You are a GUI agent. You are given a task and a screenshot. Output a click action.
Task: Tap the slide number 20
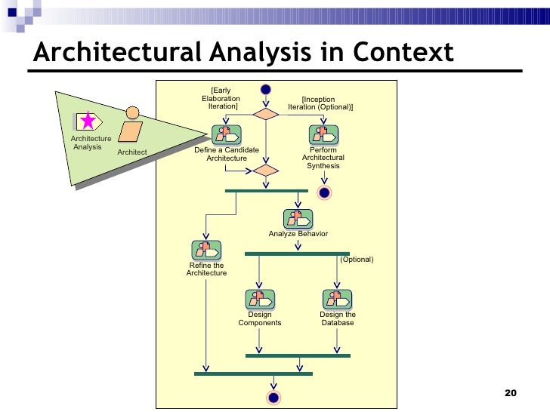coord(510,393)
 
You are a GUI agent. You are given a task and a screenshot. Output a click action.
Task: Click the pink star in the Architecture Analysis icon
coord(88,121)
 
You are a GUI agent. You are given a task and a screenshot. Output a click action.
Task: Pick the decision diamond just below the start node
coord(265,113)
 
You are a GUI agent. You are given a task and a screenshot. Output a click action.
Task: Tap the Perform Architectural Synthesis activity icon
coord(323,135)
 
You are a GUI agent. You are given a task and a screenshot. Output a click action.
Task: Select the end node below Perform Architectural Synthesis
coord(325,192)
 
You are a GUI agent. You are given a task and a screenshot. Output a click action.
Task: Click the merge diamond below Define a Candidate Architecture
coord(265,171)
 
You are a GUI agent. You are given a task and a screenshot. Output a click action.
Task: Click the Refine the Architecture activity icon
coord(206,250)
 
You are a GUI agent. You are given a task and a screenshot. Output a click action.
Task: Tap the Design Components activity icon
coord(259,300)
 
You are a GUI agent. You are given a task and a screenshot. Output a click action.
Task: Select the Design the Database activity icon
coord(337,300)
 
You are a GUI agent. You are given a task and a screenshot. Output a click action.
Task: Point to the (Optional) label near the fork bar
coord(357,260)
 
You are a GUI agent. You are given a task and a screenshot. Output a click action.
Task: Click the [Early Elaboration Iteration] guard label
coord(221,99)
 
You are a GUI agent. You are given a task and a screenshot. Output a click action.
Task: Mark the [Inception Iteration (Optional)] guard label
coord(320,103)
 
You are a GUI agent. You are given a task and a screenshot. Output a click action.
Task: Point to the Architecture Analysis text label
coord(91,143)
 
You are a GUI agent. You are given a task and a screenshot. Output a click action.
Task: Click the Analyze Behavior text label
coord(298,234)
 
